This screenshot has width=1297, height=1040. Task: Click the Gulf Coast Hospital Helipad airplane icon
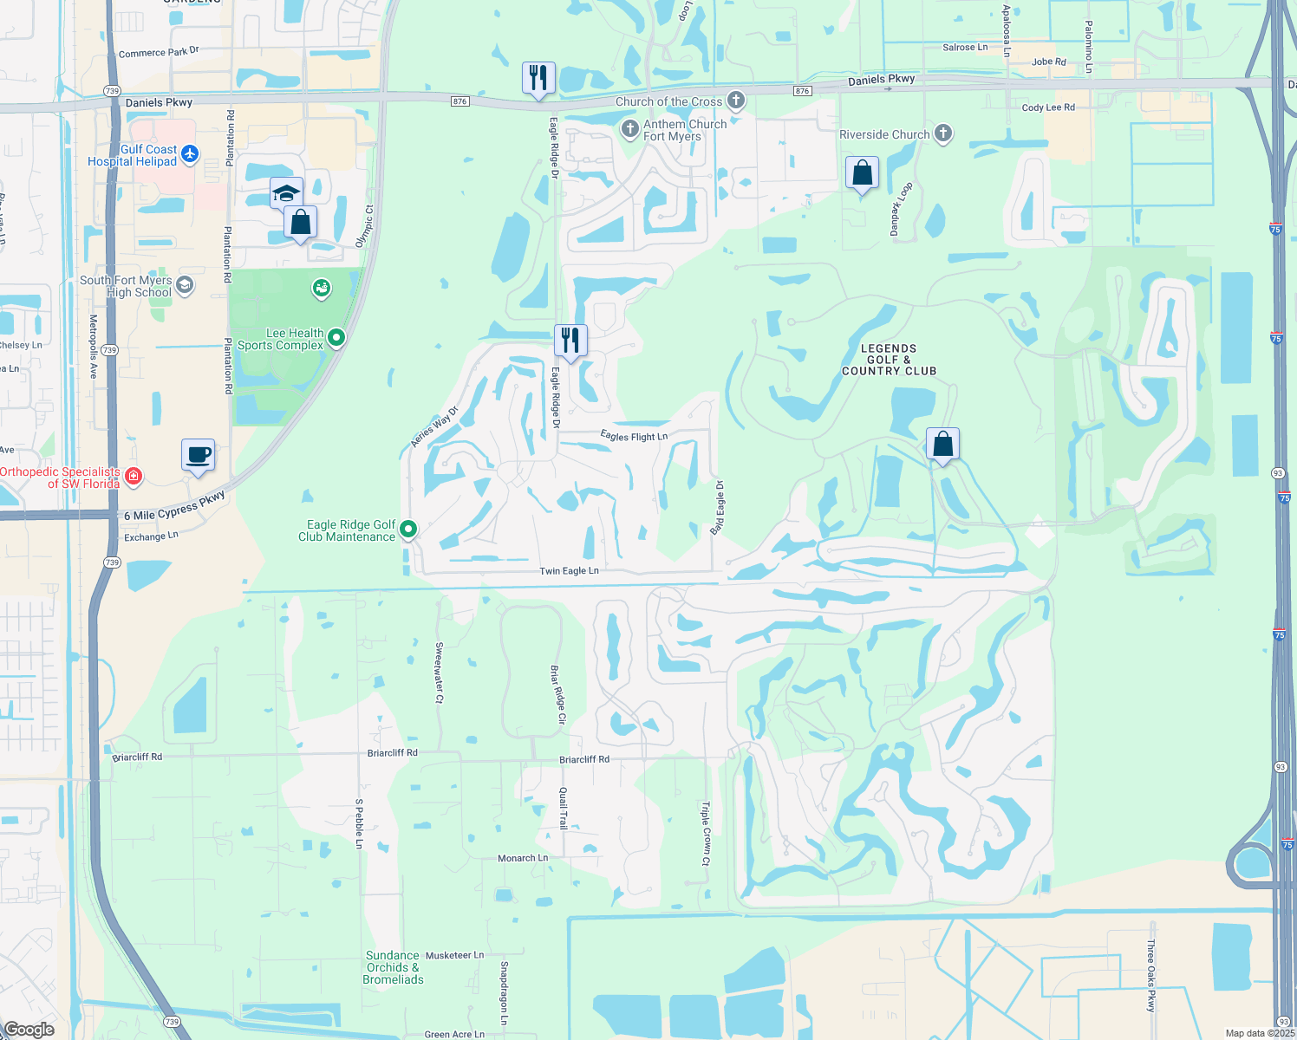pyautogui.click(x=190, y=154)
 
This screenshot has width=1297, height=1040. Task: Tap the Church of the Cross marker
pyautogui.click(x=736, y=101)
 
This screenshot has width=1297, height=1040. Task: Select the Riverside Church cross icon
pyautogui.click(x=943, y=133)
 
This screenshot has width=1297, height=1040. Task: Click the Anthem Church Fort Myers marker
pyautogui.click(x=630, y=130)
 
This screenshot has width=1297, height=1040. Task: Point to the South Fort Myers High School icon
pyautogui.click(x=184, y=285)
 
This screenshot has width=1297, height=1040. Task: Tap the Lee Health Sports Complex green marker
pyautogui.click(x=336, y=338)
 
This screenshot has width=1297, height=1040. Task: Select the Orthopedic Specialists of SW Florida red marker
pyautogui.click(x=134, y=476)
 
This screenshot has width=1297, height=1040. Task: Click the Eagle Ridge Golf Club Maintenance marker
pyautogui.click(x=408, y=528)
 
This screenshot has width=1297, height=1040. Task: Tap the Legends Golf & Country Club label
pyautogui.click(x=889, y=360)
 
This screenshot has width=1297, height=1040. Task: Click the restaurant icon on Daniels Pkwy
pyautogui.click(x=538, y=78)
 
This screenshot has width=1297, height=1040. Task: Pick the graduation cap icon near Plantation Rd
pyautogui.click(x=285, y=192)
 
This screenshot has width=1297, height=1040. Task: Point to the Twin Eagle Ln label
pyautogui.click(x=569, y=571)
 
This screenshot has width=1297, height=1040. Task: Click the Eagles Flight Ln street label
pyautogui.click(x=634, y=437)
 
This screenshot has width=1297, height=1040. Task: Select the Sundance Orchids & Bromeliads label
pyautogui.click(x=394, y=967)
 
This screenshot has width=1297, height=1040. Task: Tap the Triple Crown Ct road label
pyautogui.click(x=706, y=833)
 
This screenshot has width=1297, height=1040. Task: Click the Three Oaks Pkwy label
pyautogui.click(x=1151, y=975)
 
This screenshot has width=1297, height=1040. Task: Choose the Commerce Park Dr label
pyautogui.click(x=159, y=52)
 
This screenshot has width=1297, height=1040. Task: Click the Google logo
pyautogui.click(x=29, y=1030)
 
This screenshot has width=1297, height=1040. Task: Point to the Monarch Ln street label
pyautogui.click(x=523, y=858)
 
